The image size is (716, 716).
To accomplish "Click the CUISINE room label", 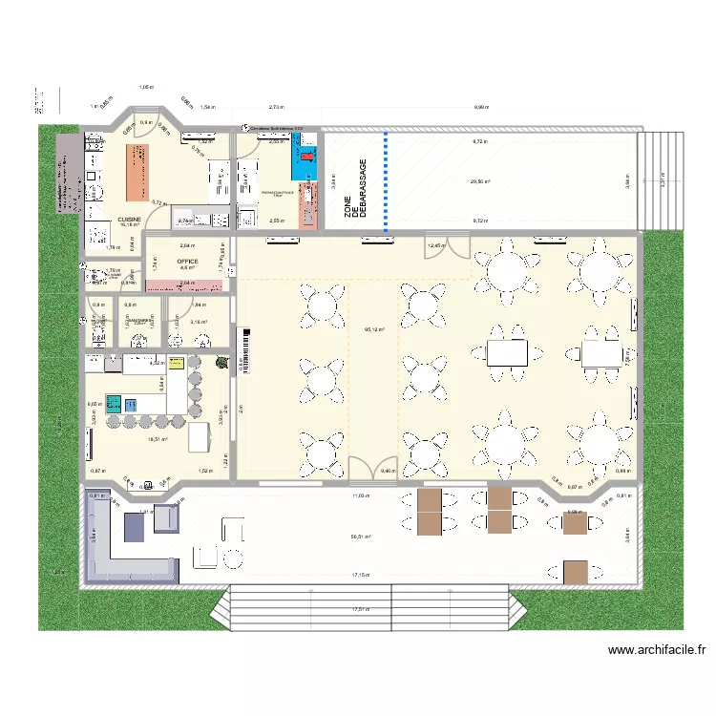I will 129,219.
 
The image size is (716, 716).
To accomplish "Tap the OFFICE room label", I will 187,260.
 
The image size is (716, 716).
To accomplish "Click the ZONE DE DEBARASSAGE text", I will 349,190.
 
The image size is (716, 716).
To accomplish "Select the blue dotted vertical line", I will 386,181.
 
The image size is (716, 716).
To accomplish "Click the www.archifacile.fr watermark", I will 657,650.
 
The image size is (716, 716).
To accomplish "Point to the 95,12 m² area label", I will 373,330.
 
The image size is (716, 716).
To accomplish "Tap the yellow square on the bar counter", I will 177,362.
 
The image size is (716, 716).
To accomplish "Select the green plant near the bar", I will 221,362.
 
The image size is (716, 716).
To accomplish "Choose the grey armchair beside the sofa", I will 167,516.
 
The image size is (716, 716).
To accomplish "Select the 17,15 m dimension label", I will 361,575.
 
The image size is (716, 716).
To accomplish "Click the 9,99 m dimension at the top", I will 479,108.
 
